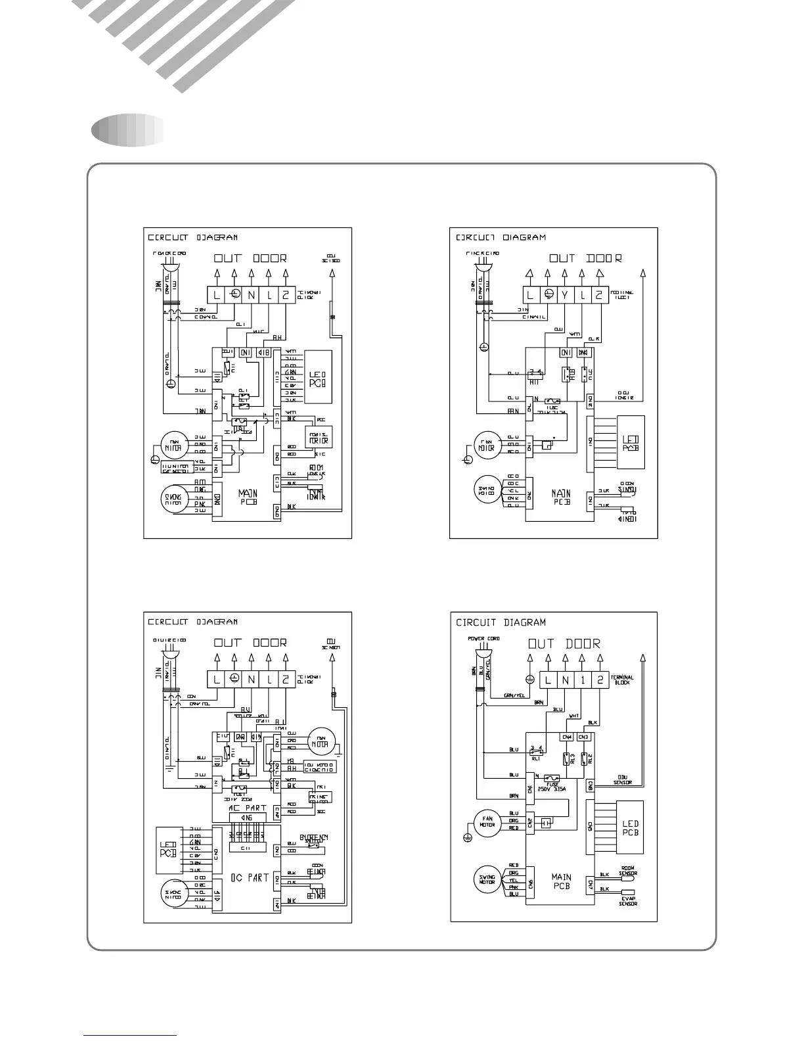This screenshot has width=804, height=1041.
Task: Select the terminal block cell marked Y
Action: (x=564, y=296)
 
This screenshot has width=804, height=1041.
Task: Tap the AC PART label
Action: (x=247, y=808)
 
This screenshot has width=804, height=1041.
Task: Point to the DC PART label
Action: (x=249, y=877)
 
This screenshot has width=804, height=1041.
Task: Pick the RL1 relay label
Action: (x=536, y=758)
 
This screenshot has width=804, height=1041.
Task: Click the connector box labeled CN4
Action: (x=566, y=737)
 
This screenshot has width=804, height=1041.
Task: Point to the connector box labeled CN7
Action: (x=590, y=885)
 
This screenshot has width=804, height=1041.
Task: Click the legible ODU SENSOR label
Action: (x=623, y=780)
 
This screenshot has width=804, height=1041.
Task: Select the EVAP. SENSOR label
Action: (x=628, y=901)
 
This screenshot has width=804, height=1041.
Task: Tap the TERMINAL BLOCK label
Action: (x=622, y=680)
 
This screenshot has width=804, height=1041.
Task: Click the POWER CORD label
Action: (x=483, y=638)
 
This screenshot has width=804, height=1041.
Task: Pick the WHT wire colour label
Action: (x=574, y=716)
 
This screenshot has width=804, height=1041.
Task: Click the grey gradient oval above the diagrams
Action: (x=129, y=129)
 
